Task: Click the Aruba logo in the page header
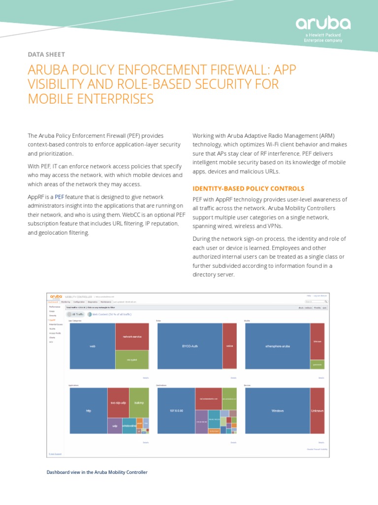(x=323, y=24)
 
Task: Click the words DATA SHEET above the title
(x=46, y=54)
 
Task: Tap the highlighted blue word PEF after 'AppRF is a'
(x=59, y=197)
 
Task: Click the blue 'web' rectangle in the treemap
(x=92, y=346)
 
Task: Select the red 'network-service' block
(x=132, y=336)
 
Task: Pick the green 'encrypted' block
(x=132, y=360)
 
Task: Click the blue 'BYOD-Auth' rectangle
(x=189, y=346)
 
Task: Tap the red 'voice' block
(x=229, y=346)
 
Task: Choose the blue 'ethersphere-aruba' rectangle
(x=277, y=346)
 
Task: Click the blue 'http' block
(x=89, y=410)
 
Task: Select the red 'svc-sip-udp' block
(x=118, y=402)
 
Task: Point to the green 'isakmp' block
(x=139, y=402)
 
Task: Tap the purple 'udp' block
(x=115, y=426)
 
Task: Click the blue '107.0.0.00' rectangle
(x=176, y=410)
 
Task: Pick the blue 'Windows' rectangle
(x=277, y=410)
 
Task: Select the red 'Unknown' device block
(x=317, y=410)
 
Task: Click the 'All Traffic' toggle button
(x=76, y=314)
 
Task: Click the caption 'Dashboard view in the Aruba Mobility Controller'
(x=97, y=472)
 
